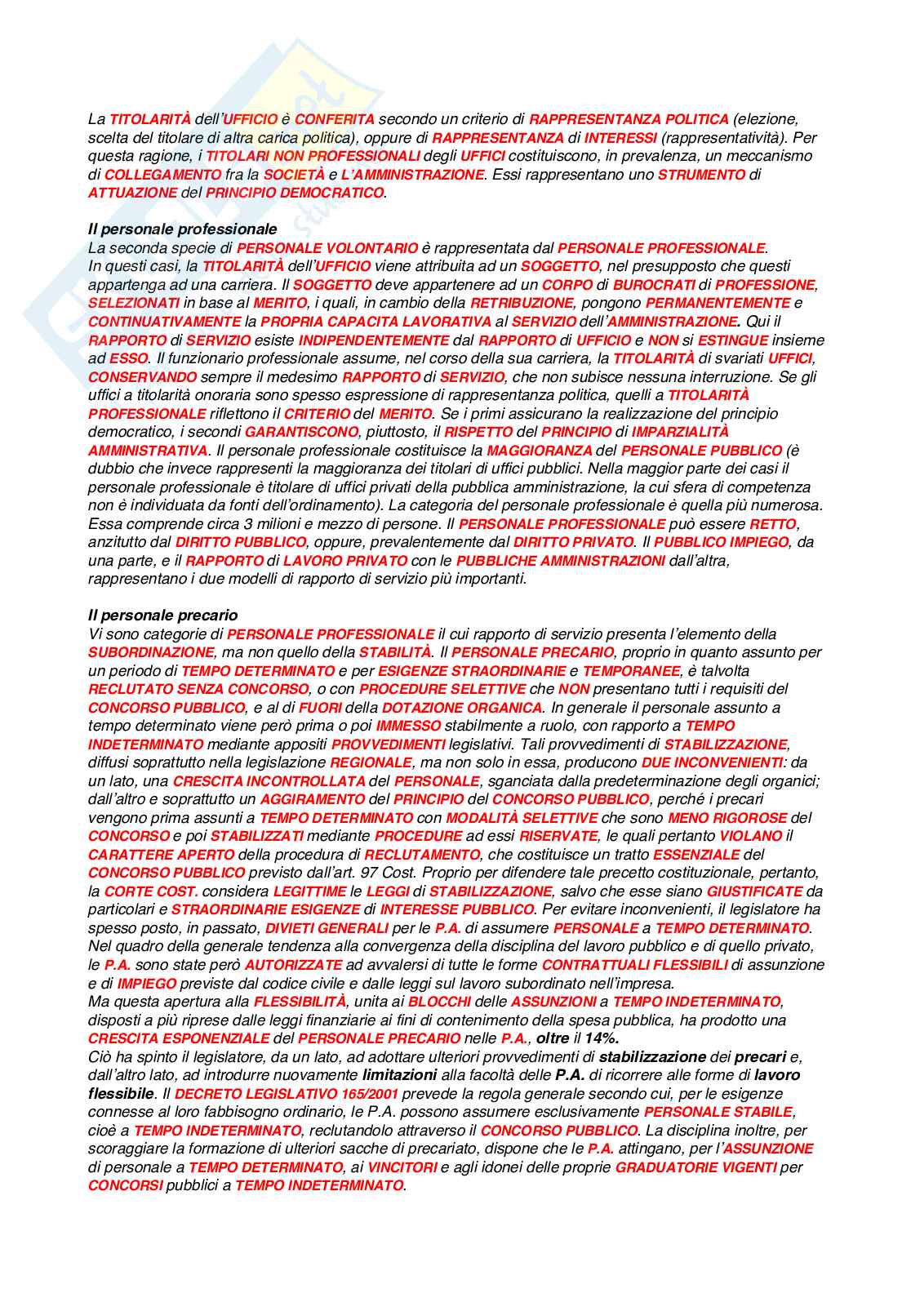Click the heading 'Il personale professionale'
tap(182, 229)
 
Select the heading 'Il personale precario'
tap(162, 616)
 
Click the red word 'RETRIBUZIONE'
tap(522, 303)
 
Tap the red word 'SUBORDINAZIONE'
tap(150, 652)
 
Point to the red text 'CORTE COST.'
tap(151, 891)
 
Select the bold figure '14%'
tap(602, 1038)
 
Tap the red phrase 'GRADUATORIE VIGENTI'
tap(695, 1167)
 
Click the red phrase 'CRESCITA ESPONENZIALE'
tap(179, 1038)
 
